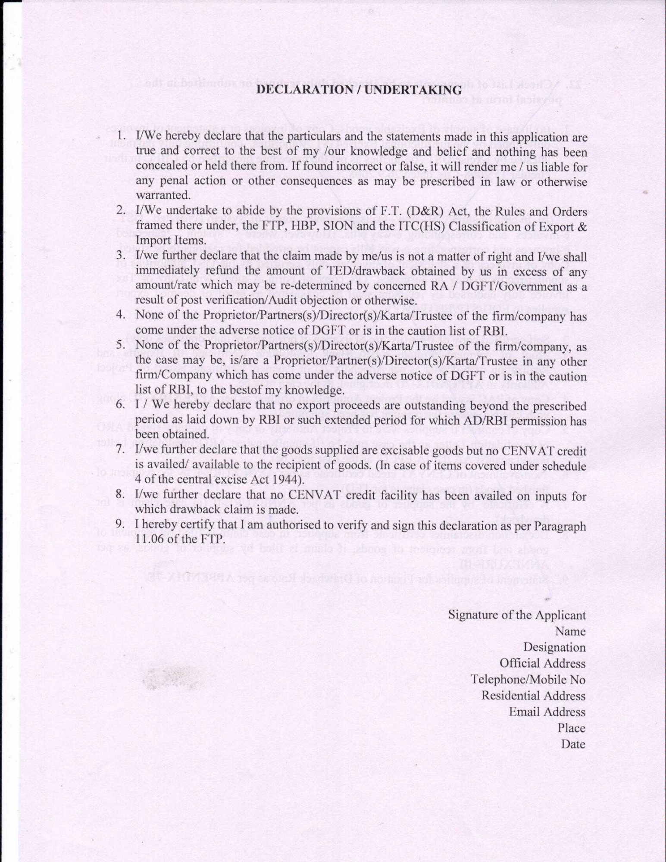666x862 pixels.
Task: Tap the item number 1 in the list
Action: [x=121, y=135]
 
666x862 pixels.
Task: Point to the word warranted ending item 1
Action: [x=163, y=195]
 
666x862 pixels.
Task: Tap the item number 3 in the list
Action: [x=120, y=255]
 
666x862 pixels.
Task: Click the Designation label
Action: [x=554, y=647]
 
